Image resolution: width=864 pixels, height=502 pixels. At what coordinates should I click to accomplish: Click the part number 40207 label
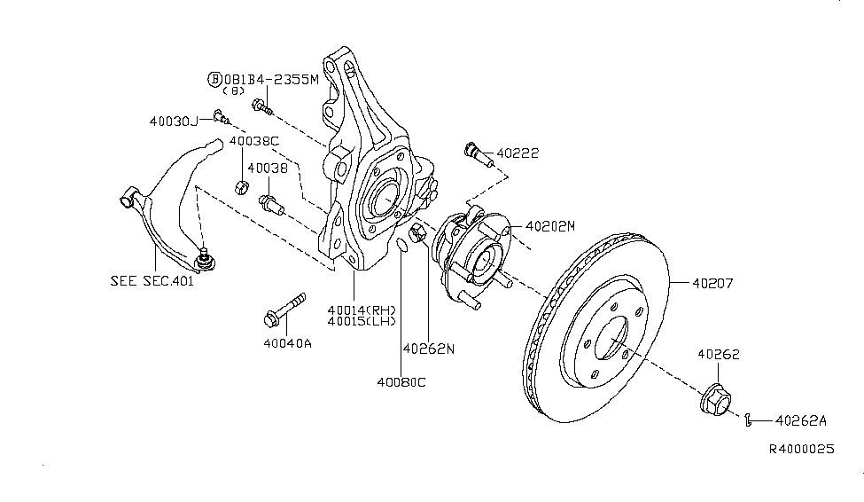coord(714,284)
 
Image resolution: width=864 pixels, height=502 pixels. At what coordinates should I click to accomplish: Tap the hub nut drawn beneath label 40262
coord(715,402)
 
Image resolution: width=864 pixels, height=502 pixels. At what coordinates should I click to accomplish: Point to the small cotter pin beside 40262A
coord(749,420)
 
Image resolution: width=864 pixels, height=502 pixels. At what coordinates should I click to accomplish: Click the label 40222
coord(518,153)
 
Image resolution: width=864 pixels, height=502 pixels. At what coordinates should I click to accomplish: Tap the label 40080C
coord(400,382)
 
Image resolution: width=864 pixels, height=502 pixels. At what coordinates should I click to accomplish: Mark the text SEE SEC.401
coord(152,281)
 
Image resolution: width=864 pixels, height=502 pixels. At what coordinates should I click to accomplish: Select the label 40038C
coord(254,140)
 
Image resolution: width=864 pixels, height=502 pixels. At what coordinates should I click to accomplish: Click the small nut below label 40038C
coord(238,186)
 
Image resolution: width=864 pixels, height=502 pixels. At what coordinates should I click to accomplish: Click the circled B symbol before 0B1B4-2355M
coord(214,79)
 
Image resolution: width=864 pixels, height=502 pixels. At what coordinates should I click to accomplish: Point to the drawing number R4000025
coord(801,450)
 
